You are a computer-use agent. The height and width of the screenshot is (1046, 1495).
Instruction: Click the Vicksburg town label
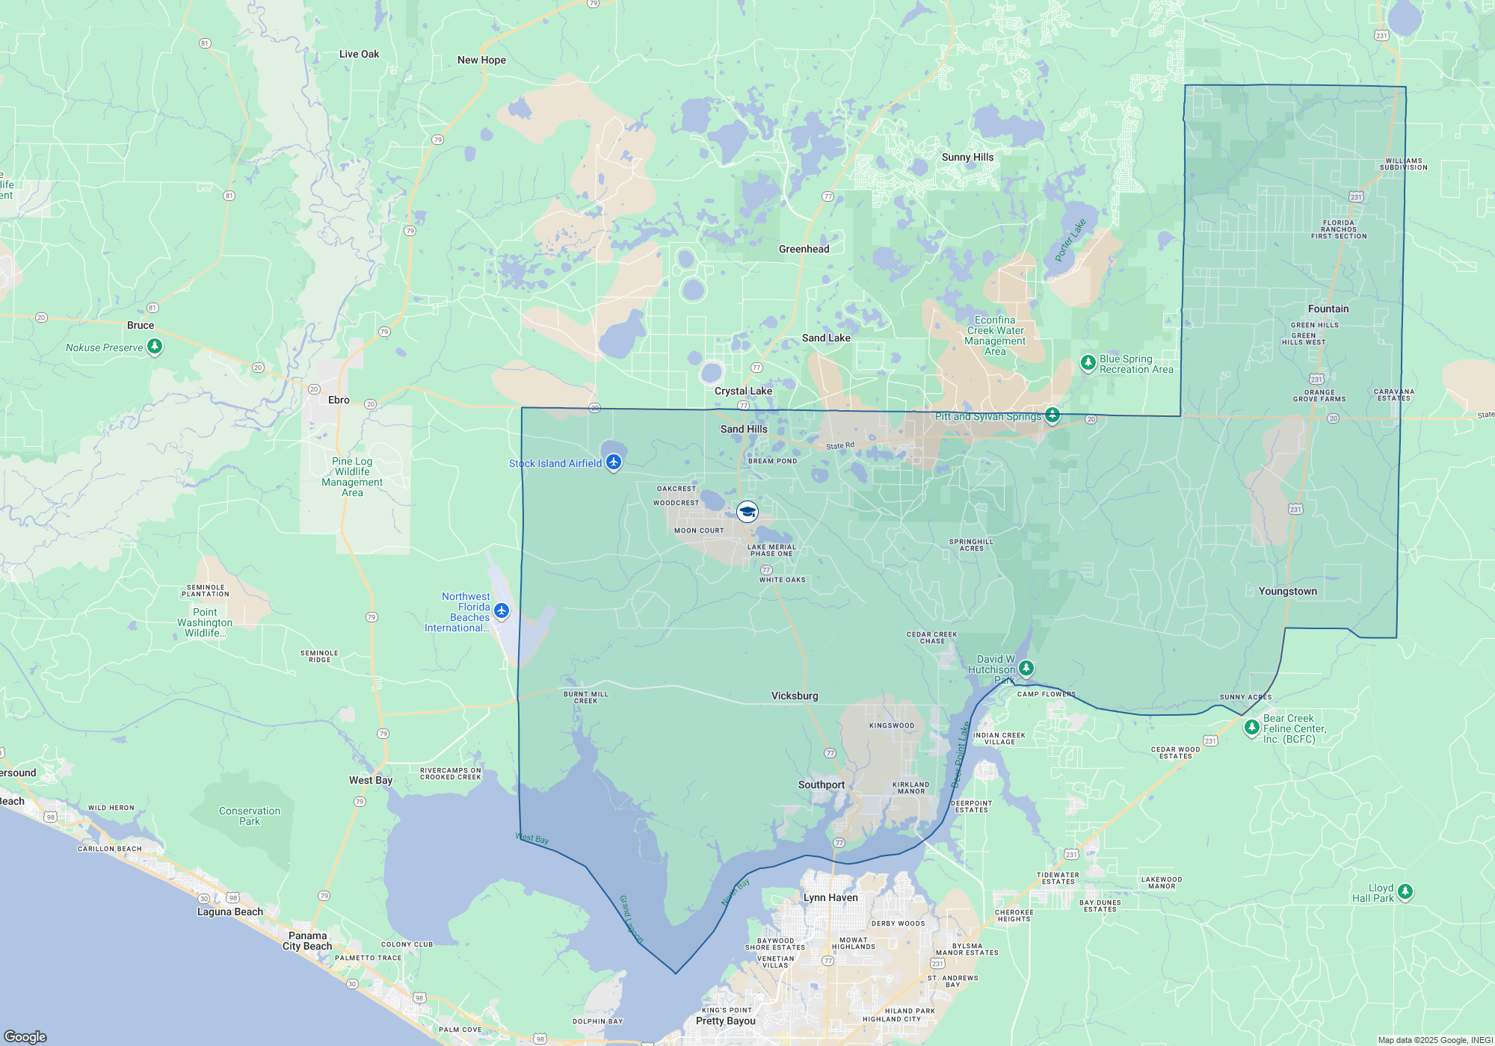795,696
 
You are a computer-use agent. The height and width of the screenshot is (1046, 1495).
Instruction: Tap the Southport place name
821,784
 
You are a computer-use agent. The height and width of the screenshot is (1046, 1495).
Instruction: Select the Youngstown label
1287,591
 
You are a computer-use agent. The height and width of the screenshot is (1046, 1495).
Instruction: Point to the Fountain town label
1328,309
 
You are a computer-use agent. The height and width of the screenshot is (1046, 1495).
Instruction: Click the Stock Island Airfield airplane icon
614,462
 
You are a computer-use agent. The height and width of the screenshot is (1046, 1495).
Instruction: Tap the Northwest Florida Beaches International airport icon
502,611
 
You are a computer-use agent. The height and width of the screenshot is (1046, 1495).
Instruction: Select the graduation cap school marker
747,512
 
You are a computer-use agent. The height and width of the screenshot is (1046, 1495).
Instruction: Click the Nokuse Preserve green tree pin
155,347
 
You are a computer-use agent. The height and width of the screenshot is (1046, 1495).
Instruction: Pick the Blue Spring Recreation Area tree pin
1088,363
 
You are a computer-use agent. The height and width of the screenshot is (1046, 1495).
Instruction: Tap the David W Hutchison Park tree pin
1026,666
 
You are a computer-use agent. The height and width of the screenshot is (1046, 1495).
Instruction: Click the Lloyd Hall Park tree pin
1405,891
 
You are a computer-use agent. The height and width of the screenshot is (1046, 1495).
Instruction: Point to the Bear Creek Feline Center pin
1251,727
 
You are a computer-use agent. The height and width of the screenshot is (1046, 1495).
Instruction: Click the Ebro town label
339,400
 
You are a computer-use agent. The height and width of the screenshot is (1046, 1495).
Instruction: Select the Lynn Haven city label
830,897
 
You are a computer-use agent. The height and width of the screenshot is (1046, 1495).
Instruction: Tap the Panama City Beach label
307,941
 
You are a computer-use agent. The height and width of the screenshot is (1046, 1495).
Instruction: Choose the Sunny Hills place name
967,157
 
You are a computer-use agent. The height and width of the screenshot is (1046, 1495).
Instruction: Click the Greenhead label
804,249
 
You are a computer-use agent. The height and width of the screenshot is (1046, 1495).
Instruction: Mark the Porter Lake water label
1070,241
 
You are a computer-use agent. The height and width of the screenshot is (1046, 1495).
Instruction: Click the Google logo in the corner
25,1036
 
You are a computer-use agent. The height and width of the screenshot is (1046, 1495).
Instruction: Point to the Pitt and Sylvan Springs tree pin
1052,414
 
